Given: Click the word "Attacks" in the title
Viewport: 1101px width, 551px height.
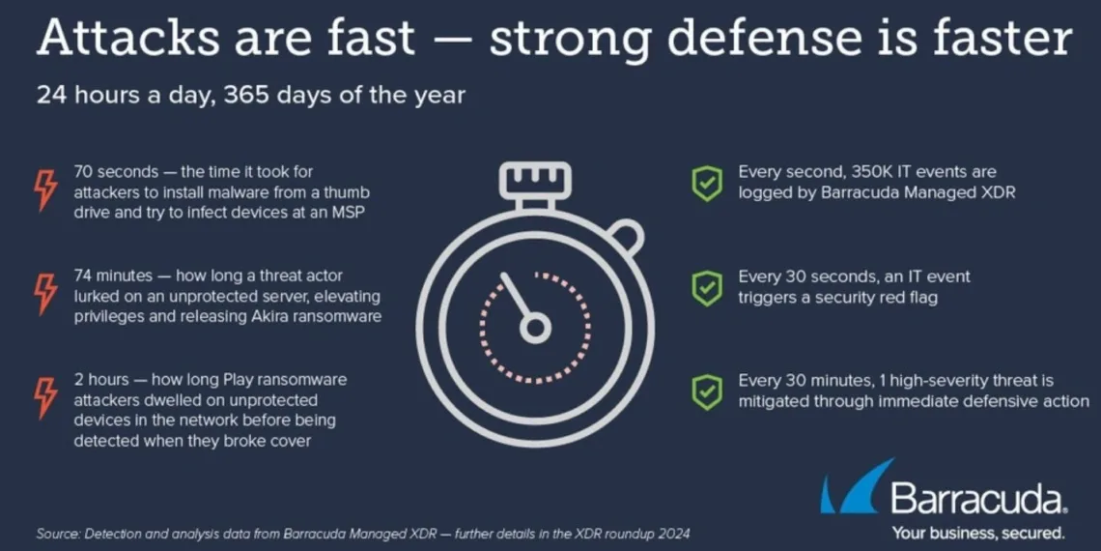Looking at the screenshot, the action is (128, 38).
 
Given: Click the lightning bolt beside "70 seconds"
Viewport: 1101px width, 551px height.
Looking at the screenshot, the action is (46, 188).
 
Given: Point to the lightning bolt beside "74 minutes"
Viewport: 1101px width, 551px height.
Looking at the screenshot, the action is (46, 293).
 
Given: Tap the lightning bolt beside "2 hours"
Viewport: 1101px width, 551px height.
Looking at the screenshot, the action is (46, 398).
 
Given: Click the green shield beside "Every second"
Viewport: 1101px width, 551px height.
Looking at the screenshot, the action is (707, 184).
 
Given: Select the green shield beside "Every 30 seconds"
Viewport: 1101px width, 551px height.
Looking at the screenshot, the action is (707, 288).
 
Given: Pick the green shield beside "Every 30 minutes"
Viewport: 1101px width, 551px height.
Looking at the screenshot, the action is (707, 392).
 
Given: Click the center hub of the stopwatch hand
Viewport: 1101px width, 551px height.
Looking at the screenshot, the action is (535, 329).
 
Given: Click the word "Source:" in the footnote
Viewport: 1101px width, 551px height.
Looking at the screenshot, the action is (58, 533).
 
